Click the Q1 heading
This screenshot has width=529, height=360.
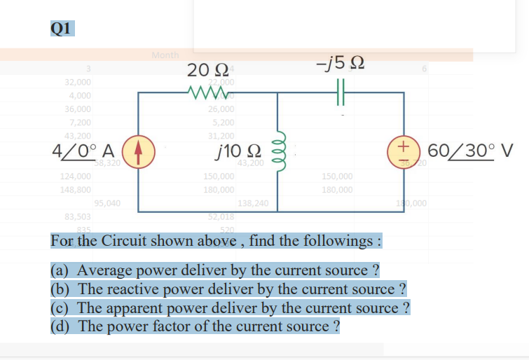pyautogui.click(x=62, y=27)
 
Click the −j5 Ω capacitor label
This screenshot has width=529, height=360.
pyautogui.click(x=339, y=64)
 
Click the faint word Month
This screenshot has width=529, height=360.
pyautogui.click(x=165, y=55)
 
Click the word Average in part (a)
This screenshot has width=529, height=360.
pyautogui.click(x=105, y=270)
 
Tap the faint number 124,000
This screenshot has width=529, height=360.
pyautogui.click(x=76, y=176)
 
